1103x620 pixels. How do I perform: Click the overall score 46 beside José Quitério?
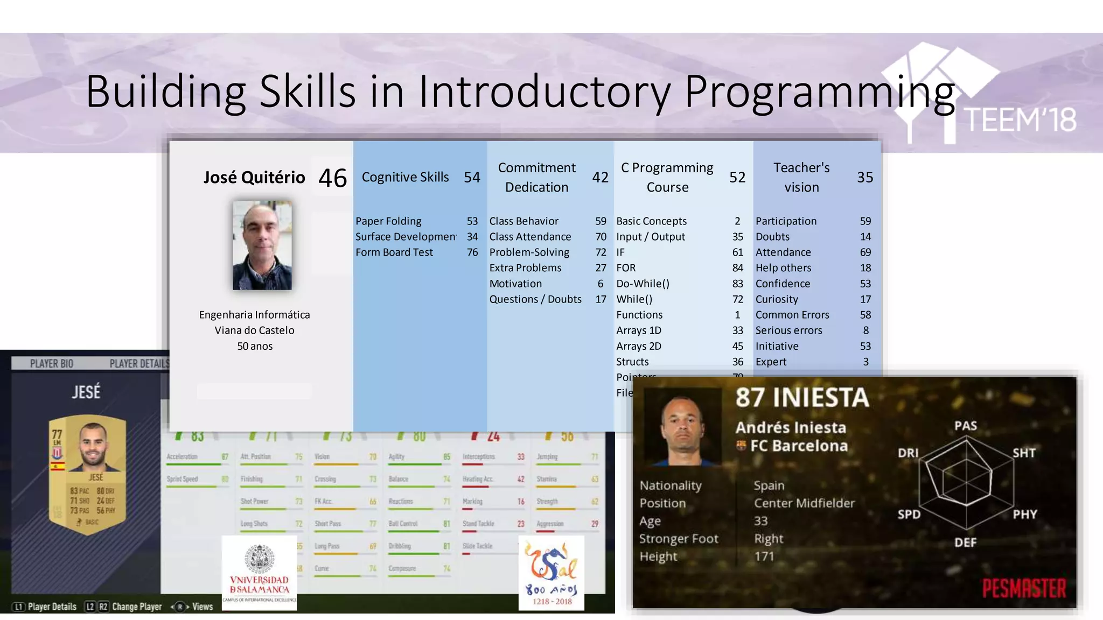pos(332,178)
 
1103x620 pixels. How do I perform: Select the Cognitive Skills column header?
pos(405,177)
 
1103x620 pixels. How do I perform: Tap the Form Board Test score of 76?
pos(472,252)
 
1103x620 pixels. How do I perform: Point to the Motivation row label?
pos(515,284)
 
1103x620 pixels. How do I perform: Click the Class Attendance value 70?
pos(601,237)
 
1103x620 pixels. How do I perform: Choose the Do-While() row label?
pos(643,284)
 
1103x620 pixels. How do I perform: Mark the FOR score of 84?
pos(737,268)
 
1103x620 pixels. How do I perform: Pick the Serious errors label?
pos(788,330)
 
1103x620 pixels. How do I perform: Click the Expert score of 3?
pos(865,362)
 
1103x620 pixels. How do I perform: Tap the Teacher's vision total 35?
pos(865,177)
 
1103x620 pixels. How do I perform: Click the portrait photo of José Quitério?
pos(262,245)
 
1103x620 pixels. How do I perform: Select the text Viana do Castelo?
pos(254,330)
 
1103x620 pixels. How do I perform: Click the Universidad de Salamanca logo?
pos(259,573)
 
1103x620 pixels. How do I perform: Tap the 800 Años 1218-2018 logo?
pos(551,573)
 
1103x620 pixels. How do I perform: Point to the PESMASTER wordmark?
pos(1023,588)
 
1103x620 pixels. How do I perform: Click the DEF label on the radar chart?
pos(965,542)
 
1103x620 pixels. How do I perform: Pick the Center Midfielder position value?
pos(804,503)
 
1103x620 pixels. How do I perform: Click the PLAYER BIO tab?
pos(52,364)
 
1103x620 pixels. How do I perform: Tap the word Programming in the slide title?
pos(819,91)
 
